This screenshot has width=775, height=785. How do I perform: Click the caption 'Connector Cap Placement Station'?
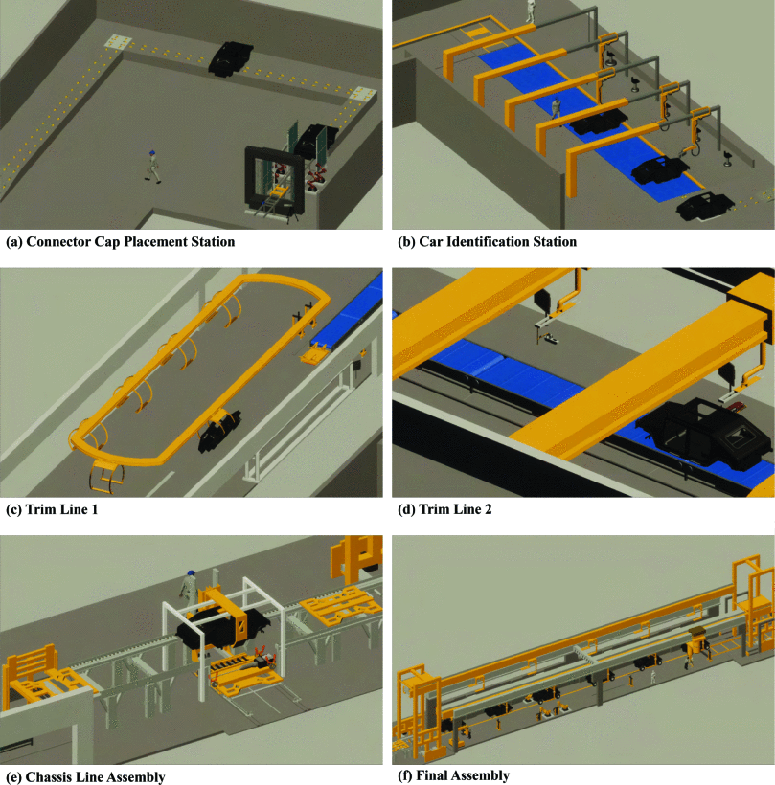tap(130, 242)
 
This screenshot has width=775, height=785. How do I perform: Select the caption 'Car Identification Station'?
tap(497, 242)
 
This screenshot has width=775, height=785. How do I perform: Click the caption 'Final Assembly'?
tap(463, 775)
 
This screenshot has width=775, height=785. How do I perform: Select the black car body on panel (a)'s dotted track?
tap(228, 57)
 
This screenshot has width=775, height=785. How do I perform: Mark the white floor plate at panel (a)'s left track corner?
tap(118, 43)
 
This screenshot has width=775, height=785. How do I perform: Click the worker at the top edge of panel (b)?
tap(530, 10)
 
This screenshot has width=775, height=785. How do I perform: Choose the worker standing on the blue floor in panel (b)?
tap(557, 105)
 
